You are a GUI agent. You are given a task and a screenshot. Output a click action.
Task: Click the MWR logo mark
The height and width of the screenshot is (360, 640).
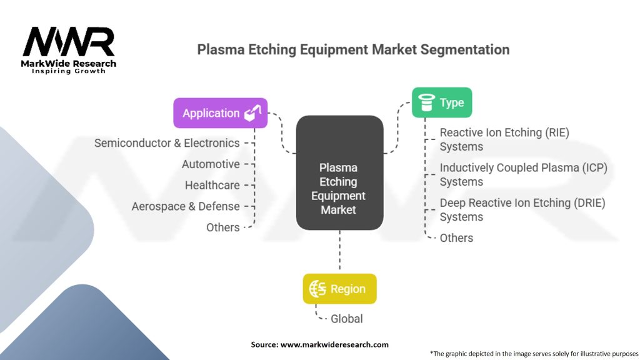69,42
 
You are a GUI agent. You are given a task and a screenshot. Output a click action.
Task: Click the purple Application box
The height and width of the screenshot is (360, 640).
221,113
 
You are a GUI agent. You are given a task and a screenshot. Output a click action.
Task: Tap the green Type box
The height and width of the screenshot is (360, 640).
442,102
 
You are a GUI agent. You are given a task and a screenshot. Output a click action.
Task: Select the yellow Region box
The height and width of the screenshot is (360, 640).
339,289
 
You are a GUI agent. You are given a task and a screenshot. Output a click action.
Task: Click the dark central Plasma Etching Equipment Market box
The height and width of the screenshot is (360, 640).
339,172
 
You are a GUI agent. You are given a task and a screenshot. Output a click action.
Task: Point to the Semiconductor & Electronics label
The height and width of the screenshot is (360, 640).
167,143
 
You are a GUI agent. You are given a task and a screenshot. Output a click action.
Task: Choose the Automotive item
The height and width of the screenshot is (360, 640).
211,164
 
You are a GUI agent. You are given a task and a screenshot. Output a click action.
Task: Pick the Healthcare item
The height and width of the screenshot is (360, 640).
212,185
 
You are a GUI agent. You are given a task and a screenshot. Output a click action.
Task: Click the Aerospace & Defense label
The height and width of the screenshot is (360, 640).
186,206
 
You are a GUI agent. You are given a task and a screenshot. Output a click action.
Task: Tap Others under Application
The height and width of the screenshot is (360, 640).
223,227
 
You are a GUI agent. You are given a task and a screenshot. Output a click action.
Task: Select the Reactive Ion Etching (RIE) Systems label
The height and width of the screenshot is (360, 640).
504,139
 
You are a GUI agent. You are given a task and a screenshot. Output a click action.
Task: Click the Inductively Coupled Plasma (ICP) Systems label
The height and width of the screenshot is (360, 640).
524,175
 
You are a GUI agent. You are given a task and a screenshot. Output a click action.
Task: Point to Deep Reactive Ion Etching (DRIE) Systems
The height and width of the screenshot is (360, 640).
522,210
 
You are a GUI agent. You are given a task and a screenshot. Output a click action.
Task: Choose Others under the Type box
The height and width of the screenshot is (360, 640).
456,238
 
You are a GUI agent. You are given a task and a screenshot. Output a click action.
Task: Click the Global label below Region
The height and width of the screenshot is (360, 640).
346,319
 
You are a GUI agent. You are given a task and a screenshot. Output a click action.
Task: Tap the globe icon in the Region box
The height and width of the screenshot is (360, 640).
317,289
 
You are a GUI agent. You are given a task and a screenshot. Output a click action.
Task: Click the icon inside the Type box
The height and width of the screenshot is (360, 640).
426,102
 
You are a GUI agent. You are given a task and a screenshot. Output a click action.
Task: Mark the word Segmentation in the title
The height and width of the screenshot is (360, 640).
465,50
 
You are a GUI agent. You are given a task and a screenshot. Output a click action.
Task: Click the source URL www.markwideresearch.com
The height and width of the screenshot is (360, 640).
334,344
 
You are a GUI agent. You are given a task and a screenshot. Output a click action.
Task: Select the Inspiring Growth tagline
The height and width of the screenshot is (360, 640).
69,71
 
